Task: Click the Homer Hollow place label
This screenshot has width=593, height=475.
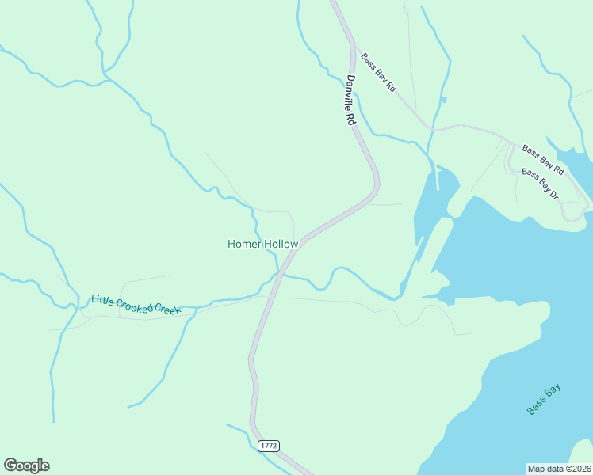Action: pyautogui.click(x=262, y=244)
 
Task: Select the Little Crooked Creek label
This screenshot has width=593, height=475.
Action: pyautogui.click(x=136, y=304)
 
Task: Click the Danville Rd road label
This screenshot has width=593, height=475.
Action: pyautogui.click(x=350, y=101)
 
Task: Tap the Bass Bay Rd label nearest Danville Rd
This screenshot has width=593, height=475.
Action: pyautogui.click(x=378, y=73)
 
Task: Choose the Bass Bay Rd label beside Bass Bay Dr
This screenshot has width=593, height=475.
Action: pyautogui.click(x=543, y=160)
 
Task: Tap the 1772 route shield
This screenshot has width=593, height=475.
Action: pyautogui.click(x=269, y=446)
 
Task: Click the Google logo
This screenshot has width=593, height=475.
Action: pyautogui.click(x=26, y=465)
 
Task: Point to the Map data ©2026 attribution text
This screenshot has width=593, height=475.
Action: pyautogui.click(x=559, y=468)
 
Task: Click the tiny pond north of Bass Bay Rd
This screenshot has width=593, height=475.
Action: pyautogui.click(x=444, y=100)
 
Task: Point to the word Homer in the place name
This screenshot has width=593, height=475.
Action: pyautogui.click(x=243, y=244)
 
